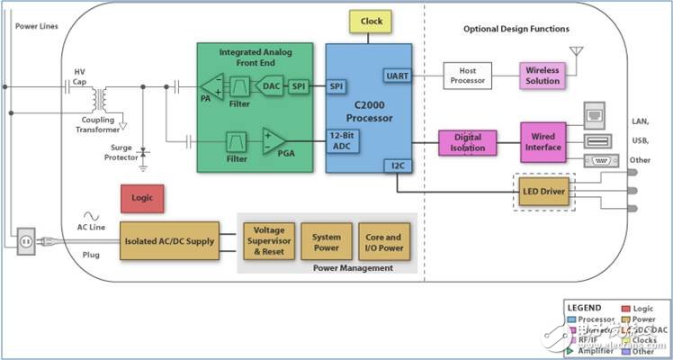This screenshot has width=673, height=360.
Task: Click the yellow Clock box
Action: [371, 22]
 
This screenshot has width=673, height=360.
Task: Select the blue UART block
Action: [397, 76]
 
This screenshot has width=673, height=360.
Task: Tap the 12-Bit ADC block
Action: [341, 141]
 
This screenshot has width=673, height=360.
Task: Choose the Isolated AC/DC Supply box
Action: [170, 240]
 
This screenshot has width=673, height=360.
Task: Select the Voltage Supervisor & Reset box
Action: [268, 240]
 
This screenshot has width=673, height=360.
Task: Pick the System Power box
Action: [327, 240]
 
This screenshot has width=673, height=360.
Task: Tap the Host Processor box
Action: [468, 76]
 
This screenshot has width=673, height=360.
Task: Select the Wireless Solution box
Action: [543, 76]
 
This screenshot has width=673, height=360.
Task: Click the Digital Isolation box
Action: [468, 143]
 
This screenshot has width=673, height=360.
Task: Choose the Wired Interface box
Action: [543, 143]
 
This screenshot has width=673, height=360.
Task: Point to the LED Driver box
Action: [543, 192]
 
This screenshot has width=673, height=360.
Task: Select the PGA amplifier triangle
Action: [274, 140]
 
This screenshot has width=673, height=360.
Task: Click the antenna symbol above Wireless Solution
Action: [577, 53]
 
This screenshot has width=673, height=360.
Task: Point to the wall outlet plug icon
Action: [25, 239]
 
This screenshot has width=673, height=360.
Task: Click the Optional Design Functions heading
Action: [516, 29]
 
